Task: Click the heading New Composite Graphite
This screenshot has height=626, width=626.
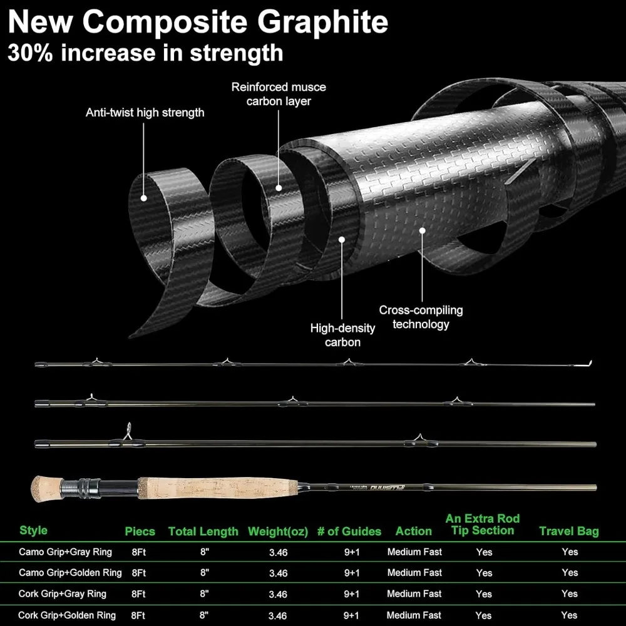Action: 198,22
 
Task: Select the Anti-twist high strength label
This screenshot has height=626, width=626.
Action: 145,113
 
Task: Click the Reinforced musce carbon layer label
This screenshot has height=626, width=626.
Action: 279,94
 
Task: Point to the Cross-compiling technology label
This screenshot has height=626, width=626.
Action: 421,317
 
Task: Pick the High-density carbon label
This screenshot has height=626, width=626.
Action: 342,335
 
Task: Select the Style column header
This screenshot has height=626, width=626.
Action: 33,530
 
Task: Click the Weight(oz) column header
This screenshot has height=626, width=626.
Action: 278,531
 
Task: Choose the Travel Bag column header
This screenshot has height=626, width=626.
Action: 569,531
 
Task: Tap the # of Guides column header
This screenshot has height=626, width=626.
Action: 349,531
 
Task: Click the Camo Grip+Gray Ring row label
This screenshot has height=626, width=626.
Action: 65,552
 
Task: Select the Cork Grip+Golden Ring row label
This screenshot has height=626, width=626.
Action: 67,615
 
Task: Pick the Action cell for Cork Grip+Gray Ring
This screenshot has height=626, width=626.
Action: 414,593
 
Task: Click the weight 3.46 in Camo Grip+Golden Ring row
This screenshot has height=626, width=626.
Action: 278,573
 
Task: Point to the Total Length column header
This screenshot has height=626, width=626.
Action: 203,531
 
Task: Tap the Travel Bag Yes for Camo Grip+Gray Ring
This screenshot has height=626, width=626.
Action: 570,552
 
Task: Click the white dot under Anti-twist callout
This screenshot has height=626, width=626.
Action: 144,198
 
